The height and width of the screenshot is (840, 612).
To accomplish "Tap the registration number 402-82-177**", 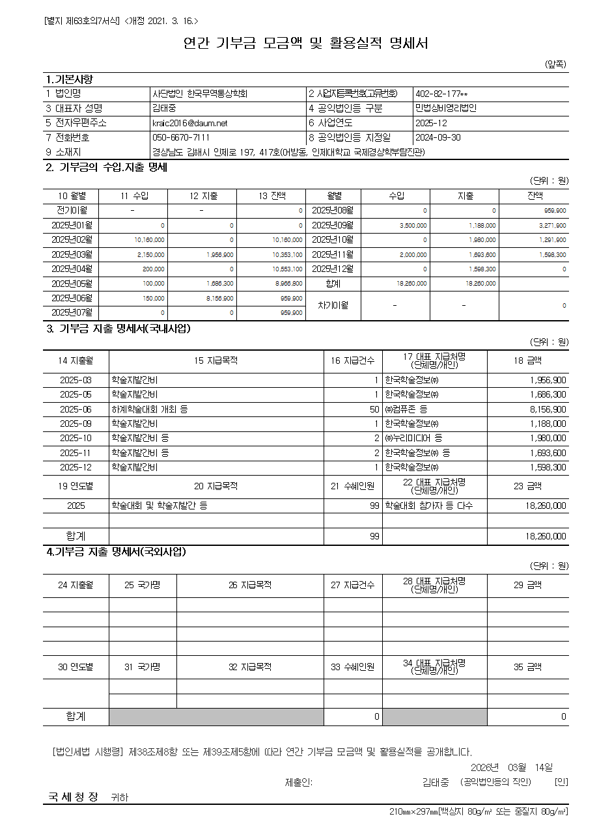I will pos(441,94).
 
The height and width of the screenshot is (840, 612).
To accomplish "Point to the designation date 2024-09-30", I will pos(438,138).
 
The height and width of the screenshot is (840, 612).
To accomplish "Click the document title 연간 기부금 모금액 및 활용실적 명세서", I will pos(305,44).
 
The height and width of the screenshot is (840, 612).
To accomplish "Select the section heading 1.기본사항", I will pos(70,79).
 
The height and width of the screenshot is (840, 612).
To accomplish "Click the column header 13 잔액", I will pos(271,196).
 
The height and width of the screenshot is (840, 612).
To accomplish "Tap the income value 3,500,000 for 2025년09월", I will pos(413,226).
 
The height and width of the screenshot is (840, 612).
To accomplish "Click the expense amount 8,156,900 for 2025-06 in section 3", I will pos(548,409).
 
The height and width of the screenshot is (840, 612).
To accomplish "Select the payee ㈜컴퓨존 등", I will pos(406,409).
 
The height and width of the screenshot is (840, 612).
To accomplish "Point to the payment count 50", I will pos(374,409).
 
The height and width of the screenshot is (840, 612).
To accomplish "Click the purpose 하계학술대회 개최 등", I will pos(150,409).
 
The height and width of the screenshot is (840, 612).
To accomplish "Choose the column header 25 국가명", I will pos(143,585).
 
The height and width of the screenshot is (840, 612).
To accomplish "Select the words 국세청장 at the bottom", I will pos(73,796).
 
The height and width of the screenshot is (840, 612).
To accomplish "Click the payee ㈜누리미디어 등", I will pos(413,439).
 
